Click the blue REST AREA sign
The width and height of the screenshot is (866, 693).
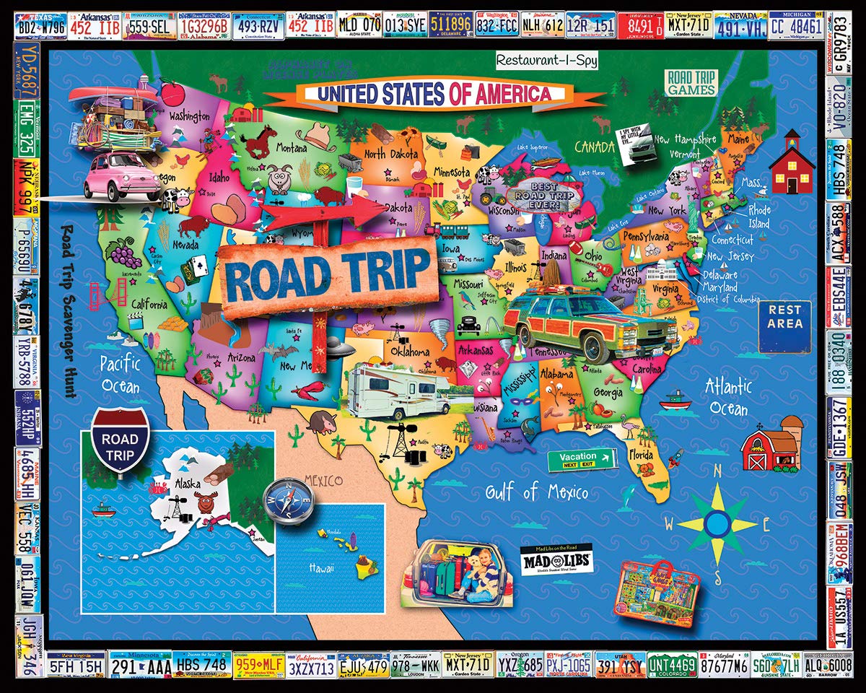(x=784, y=326)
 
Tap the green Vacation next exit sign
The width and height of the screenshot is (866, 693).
(x=582, y=460)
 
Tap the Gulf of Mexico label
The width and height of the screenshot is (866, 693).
(x=536, y=492)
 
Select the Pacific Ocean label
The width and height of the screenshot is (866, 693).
(x=120, y=373)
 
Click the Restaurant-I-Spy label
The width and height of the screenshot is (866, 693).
(x=546, y=61)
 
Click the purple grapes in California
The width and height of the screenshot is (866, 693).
(x=126, y=255)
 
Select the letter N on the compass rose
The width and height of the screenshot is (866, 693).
(x=717, y=471)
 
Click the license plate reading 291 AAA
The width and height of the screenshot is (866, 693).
(x=140, y=665)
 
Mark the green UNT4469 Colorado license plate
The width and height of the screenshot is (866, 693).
(x=673, y=665)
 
